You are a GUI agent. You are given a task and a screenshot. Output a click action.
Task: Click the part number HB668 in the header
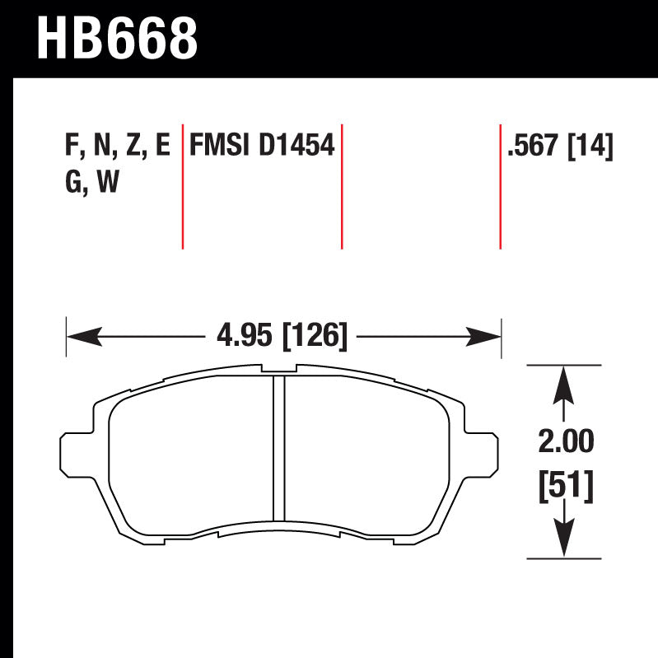[118, 37]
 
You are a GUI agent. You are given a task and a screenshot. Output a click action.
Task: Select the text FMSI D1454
[261, 146]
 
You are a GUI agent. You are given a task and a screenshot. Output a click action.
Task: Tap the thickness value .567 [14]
[560, 146]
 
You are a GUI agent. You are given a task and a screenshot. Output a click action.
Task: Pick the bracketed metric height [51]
[565, 488]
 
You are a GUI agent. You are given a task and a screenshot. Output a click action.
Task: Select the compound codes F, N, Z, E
[116, 146]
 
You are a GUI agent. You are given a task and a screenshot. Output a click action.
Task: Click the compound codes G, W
[91, 183]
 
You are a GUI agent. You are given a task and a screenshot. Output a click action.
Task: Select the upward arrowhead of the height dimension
[563, 384]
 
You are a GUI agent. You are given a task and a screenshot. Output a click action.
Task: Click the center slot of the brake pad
[278, 449]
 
